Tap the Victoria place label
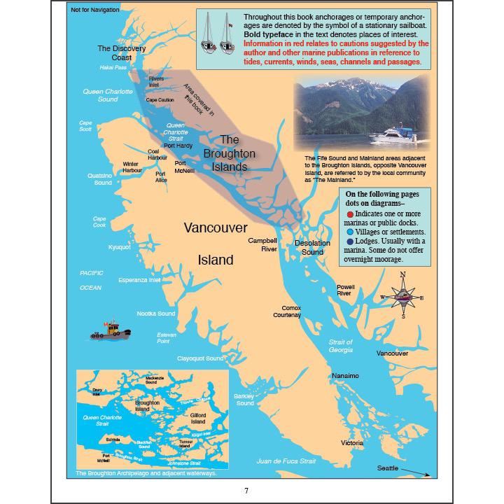(352, 443)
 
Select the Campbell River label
(262, 244)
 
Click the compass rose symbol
(403, 295)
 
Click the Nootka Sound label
(155, 314)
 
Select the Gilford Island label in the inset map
(198, 418)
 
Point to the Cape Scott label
(85, 126)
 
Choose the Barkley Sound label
(245, 400)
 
